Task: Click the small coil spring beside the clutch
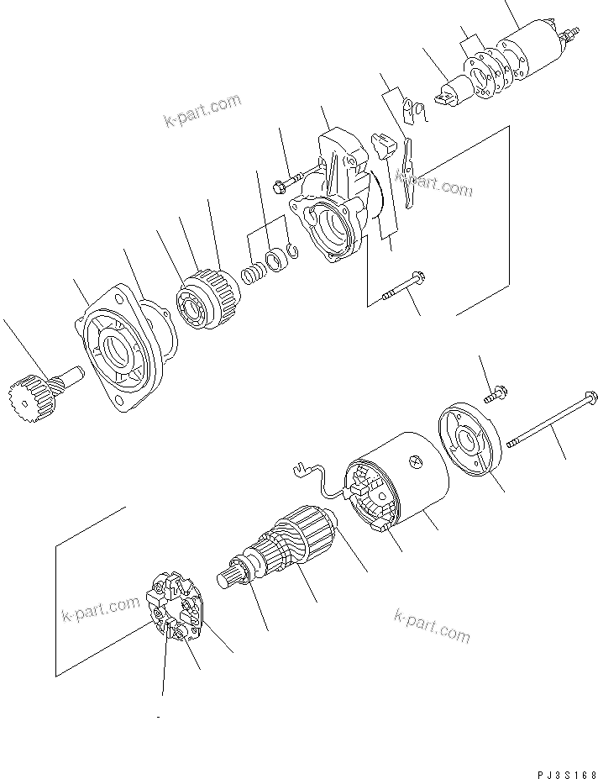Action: click(x=251, y=274)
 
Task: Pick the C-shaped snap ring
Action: click(x=291, y=250)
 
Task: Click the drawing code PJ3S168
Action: click(x=564, y=771)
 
